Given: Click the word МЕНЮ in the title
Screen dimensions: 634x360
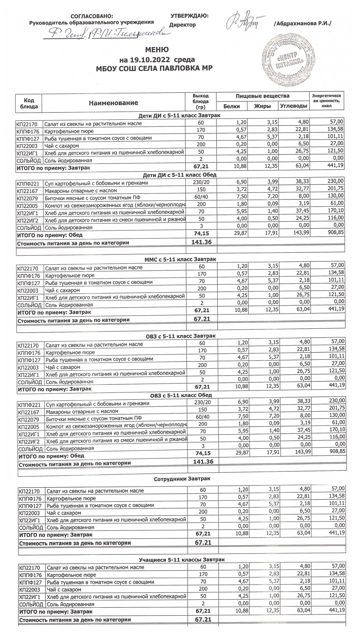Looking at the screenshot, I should point(157,50).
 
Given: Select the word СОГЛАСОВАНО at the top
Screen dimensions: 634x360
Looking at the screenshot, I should point(92,16).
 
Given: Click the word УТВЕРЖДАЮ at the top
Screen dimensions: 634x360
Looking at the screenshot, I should point(189,16).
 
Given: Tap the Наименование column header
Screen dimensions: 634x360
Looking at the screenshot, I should point(113,103).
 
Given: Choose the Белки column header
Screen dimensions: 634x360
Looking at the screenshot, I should point(232,106).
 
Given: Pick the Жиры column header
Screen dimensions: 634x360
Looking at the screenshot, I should point(263,106).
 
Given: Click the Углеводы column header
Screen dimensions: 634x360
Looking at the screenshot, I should point(294,106).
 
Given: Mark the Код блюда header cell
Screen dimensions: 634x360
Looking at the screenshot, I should point(29,103).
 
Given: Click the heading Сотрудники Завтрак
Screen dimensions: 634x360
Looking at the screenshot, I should point(182,479).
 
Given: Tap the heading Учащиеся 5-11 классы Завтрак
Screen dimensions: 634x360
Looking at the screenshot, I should point(182,560).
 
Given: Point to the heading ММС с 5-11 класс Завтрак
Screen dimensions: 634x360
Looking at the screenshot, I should point(180,259).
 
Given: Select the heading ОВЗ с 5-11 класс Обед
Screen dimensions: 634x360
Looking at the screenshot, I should point(181,395).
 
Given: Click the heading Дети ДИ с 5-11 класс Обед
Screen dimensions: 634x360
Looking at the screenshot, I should point(180,175).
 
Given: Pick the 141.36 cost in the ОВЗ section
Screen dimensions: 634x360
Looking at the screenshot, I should point(203,462).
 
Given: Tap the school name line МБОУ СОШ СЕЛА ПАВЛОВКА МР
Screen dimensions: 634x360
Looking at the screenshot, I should point(154,68).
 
